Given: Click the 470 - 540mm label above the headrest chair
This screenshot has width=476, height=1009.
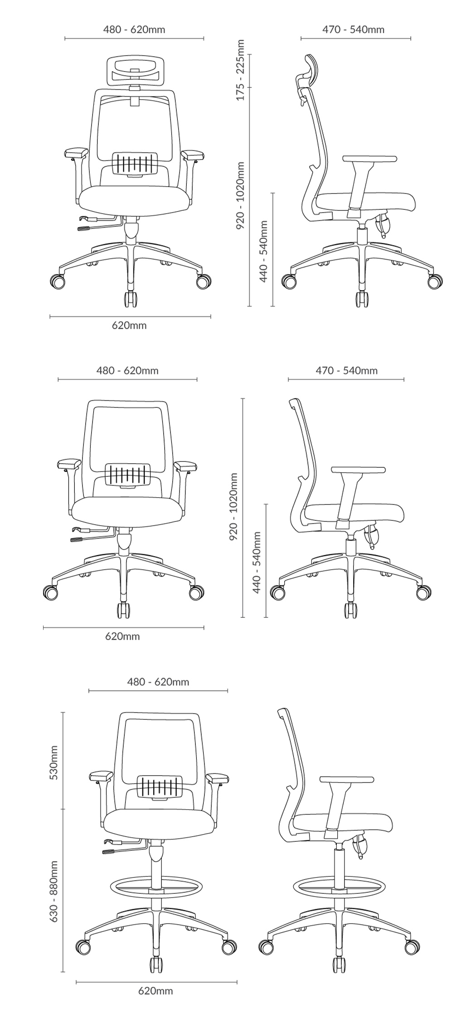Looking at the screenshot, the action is [353, 30].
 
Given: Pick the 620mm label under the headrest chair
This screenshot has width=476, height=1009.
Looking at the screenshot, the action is [130, 325].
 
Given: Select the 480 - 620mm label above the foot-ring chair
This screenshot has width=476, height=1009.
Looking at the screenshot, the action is [158, 682].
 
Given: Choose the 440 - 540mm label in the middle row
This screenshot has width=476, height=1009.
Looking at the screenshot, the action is [257, 563].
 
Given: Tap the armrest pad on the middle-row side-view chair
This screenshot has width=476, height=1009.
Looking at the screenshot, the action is [358, 470].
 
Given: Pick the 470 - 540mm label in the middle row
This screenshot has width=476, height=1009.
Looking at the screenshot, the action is [346, 371].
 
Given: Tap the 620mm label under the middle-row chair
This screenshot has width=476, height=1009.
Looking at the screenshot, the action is [122, 636].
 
